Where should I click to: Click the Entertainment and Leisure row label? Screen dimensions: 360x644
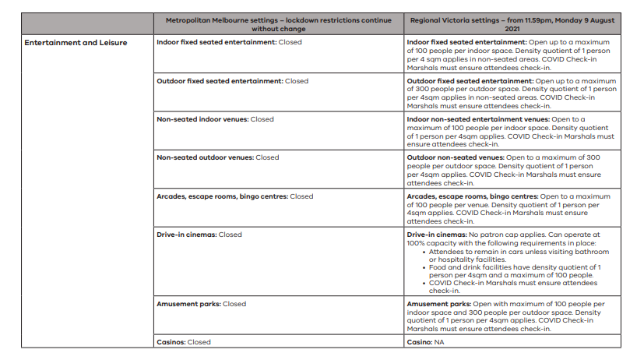(76, 42)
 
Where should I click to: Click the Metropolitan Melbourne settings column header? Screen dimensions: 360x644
(277, 23)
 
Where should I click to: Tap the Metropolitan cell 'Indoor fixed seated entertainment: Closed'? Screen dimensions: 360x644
(230, 42)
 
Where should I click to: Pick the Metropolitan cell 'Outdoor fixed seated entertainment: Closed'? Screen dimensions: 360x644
(232, 81)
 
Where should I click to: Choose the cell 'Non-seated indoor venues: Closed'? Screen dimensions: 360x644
(215, 119)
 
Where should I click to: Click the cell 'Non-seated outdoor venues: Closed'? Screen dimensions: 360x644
(217, 157)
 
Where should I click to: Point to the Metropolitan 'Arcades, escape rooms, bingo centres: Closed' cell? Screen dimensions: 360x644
(234, 196)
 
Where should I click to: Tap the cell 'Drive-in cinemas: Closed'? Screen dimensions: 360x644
(199, 235)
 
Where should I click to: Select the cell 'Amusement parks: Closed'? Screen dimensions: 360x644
(201, 304)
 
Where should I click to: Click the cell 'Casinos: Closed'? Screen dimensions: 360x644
(184, 342)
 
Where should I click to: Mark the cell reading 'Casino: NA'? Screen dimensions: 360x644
(428, 342)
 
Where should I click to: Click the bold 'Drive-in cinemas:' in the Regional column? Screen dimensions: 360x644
(436, 235)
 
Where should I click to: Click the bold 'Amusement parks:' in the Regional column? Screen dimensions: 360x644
(438, 304)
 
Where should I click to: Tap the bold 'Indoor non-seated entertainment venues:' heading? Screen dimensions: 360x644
(477, 119)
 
